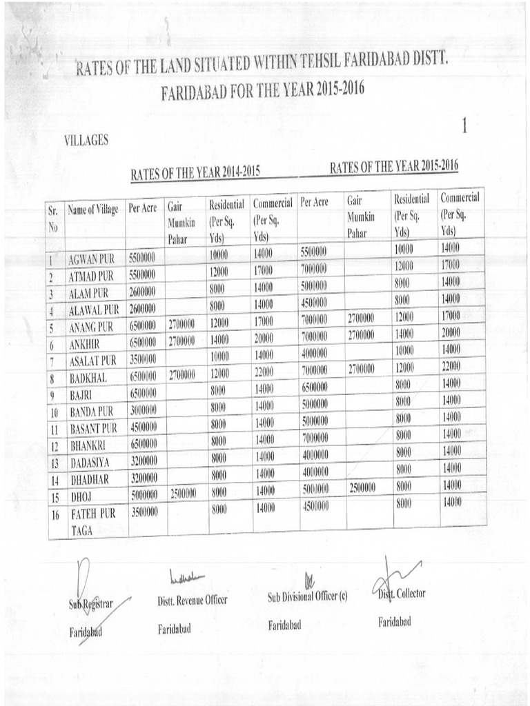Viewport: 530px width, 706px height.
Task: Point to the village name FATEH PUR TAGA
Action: click(x=92, y=521)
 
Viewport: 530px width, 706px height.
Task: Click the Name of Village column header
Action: click(x=93, y=210)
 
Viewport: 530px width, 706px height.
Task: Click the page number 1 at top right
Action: click(x=464, y=126)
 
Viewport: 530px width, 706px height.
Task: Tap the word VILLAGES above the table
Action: click(x=86, y=140)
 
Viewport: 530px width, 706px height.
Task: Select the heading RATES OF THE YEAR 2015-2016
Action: click(x=394, y=166)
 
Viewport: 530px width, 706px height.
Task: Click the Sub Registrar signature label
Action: click(x=90, y=605)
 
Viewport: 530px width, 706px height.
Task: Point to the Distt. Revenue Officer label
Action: click(x=192, y=601)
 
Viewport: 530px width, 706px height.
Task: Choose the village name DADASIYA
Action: click(x=90, y=461)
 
